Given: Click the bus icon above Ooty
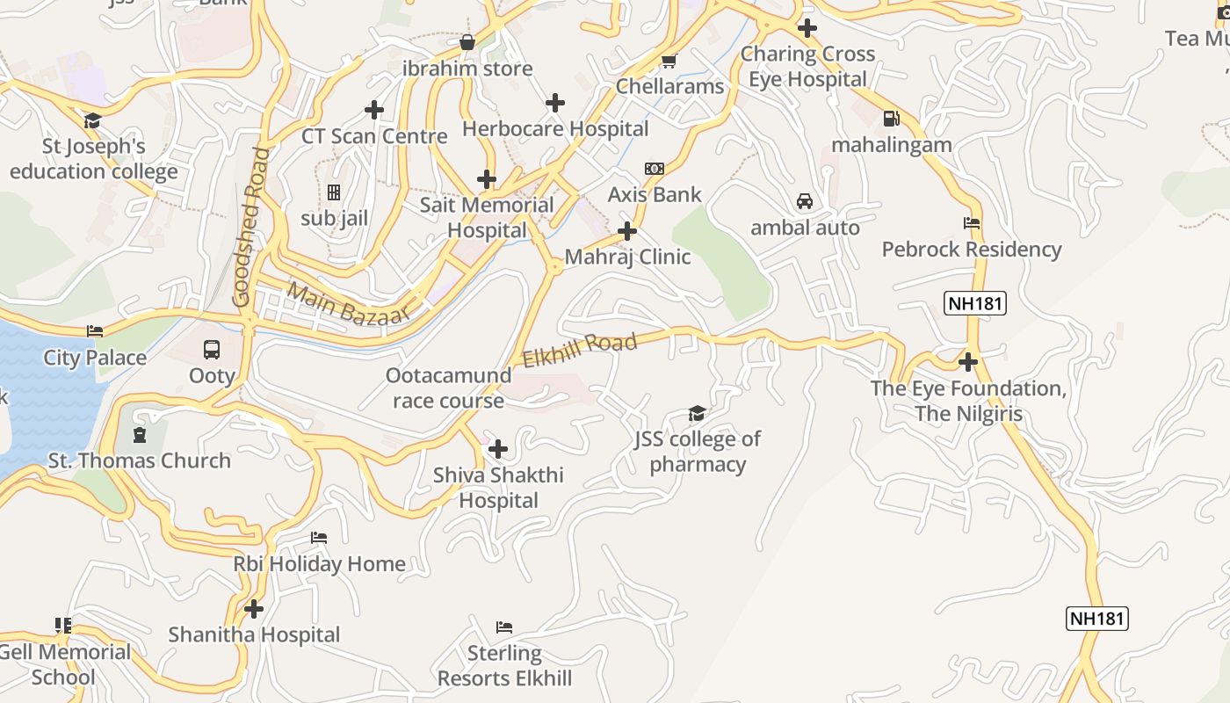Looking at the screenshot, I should (x=212, y=349).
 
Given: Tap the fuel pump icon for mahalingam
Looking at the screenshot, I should (x=891, y=118).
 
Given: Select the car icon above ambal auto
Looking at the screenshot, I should (x=804, y=201).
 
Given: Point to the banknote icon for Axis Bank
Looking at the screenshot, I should (x=655, y=169).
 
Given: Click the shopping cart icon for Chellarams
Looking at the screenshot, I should (x=669, y=61).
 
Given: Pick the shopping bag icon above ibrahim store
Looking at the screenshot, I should (x=467, y=42).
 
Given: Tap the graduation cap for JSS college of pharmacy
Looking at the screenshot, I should (x=697, y=413).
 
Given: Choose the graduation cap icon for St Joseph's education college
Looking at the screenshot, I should (x=93, y=120).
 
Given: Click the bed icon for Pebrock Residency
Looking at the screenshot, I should (x=972, y=223).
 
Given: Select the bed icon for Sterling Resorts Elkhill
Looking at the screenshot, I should (x=504, y=627).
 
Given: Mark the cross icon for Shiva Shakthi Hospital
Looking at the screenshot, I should (x=498, y=449).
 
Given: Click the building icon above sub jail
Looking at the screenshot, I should (x=334, y=192).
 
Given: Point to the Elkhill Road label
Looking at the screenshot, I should (x=580, y=351).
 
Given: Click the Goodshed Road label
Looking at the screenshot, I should (x=250, y=227).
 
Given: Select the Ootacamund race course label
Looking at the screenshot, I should (x=448, y=388).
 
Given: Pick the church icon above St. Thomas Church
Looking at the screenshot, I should (x=139, y=434).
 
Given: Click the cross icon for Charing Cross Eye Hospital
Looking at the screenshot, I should (x=807, y=28).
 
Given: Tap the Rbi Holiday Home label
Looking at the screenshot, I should (x=319, y=564).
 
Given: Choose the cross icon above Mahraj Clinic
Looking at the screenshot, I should (x=627, y=231).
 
